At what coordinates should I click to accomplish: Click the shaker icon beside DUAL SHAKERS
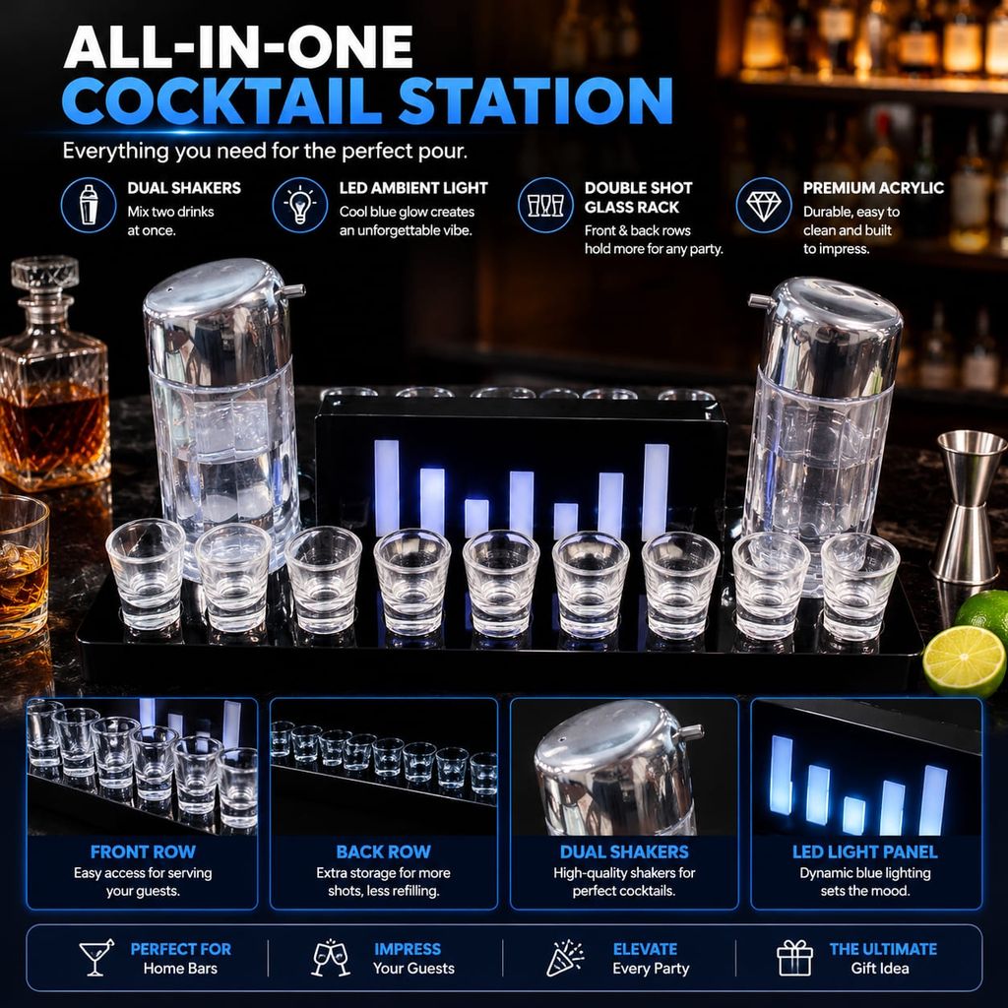point(89,205)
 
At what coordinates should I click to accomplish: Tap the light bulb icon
point(299,205)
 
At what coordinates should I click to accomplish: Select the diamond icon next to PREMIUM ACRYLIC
point(763,206)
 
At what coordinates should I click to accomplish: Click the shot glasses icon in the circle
point(545,206)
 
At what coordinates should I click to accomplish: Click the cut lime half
point(964,661)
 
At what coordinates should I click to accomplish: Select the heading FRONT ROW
point(143,851)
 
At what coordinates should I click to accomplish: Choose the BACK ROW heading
point(383,851)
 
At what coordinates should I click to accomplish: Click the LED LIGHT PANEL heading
point(864,851)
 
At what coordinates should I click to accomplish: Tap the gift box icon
point(794,958)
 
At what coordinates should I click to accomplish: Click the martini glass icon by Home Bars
point(95,957)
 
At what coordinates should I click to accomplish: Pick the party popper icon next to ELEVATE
point(564,958)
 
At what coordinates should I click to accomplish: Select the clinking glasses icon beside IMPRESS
point(331,958)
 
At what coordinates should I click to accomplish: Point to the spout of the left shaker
point(293,291)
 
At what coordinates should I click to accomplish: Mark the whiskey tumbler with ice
point(24,567)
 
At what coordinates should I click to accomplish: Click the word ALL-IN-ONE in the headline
point(238,47)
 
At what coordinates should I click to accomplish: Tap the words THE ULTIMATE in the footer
point(883,949)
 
